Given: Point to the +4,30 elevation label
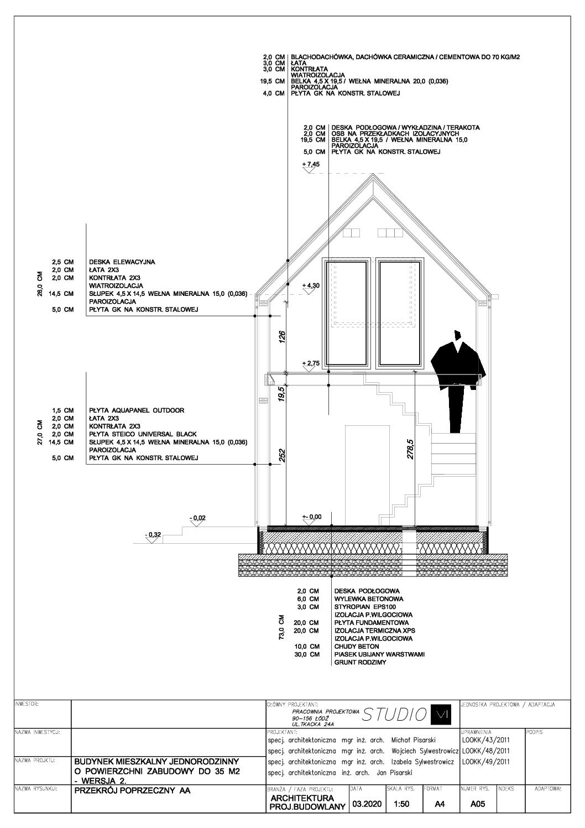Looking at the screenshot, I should (312, 285).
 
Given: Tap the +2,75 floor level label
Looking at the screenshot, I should (312, 363).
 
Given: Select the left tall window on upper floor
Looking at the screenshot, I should (347, 314).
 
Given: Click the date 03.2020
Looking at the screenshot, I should (365, 805).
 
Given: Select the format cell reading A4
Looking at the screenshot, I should (440, 805).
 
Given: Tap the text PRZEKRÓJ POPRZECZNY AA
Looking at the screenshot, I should (132, 790).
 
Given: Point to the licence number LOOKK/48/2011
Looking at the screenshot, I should (485, 751).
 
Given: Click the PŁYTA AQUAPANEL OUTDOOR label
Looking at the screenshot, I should (136, 410).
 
